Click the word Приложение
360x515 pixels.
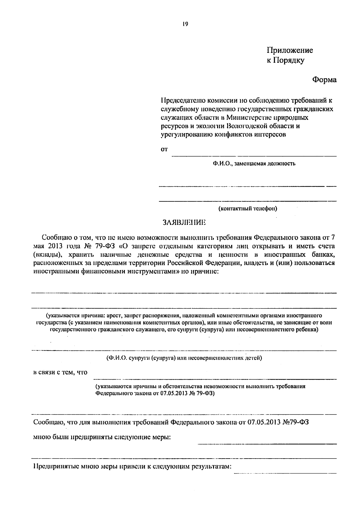pyautogui.click(x=290, y=50)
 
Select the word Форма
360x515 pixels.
pyautogui.click(x=324, y=80)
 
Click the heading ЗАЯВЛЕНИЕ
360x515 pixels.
pyautogui.click(x=184, y=223)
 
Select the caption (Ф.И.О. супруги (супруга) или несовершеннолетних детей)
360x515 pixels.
pyautogui.click(x=184, y=358)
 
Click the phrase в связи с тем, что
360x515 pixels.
pyautogui.click(x=60, y=372)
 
